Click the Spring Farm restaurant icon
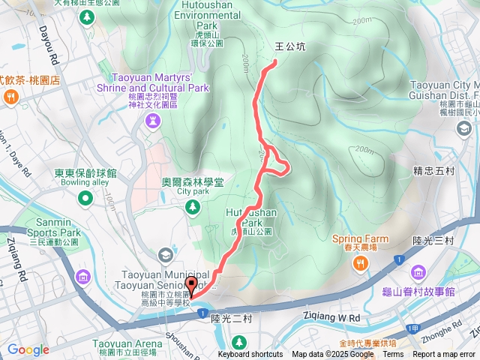[x=361, y=262]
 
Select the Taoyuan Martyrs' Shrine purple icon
[x=153, y=122]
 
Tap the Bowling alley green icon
[x=85, y=198]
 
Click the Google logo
[x=28, y=349]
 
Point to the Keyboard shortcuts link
[x=250, y=355]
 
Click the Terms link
[x=393, y=355]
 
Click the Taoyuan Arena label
[x=127, y=343]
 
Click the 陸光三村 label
[x=433, y=240]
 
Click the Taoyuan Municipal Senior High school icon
[x=165, y=256]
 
